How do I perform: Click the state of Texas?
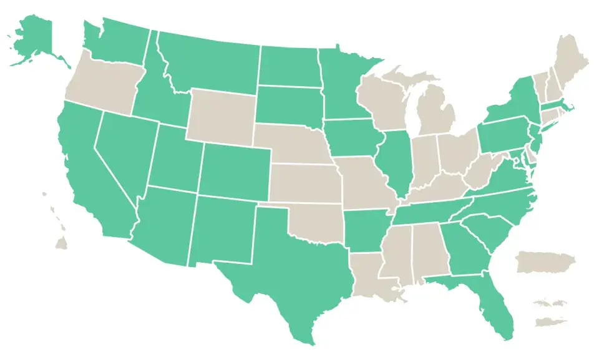(x=293, y=268)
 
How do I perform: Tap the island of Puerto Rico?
(x=546, y=262)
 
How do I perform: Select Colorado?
(x=234, y=172)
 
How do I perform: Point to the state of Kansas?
(x=306, y=184)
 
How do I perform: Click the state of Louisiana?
(x=371, y=271)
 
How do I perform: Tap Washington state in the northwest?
(x=119, y=41)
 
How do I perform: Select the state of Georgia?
(x=465, y=250)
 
